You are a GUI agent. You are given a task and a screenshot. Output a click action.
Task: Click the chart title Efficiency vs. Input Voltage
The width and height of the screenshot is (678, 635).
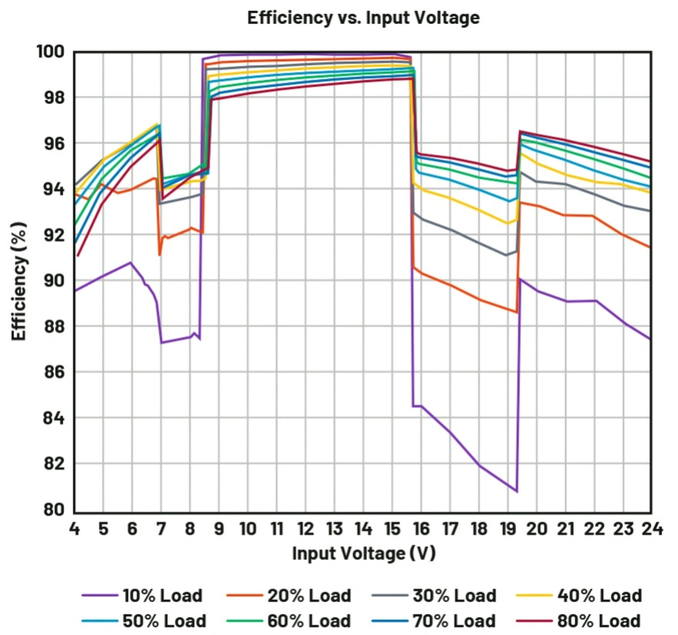pyautogui.click(x=363, y=18)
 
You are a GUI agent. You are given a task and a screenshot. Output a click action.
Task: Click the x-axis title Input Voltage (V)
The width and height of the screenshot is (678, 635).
pyautogui.click(x=363, y=553)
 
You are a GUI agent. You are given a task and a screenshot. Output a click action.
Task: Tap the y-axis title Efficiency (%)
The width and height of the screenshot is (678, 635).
pyautogui.click(x=19, y=281)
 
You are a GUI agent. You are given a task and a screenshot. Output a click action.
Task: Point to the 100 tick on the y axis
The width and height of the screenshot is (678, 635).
pyautogui.click(x=50, y=52)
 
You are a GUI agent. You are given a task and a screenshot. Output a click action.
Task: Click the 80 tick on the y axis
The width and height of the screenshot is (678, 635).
pyautogui.click(x=53, y=509)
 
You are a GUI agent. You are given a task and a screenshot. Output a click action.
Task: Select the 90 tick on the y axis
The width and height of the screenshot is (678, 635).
pyautogui.click(x=53, y=281)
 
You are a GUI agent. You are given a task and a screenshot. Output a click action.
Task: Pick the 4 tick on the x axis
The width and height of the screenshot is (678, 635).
pyautogui.click(x=74, y=529)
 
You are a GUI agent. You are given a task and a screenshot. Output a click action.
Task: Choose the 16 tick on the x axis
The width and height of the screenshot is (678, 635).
pyautogui.click(x=421, y=529)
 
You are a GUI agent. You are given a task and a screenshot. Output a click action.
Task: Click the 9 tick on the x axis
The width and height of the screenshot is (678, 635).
pyautogui.click(x=219, y=529)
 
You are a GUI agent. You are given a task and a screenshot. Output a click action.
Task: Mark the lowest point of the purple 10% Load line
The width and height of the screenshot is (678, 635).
pyautogui.click(x=516, y=491)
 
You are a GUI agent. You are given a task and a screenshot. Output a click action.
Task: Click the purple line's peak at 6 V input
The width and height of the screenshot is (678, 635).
pyautogui.click(x=131, y=262)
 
